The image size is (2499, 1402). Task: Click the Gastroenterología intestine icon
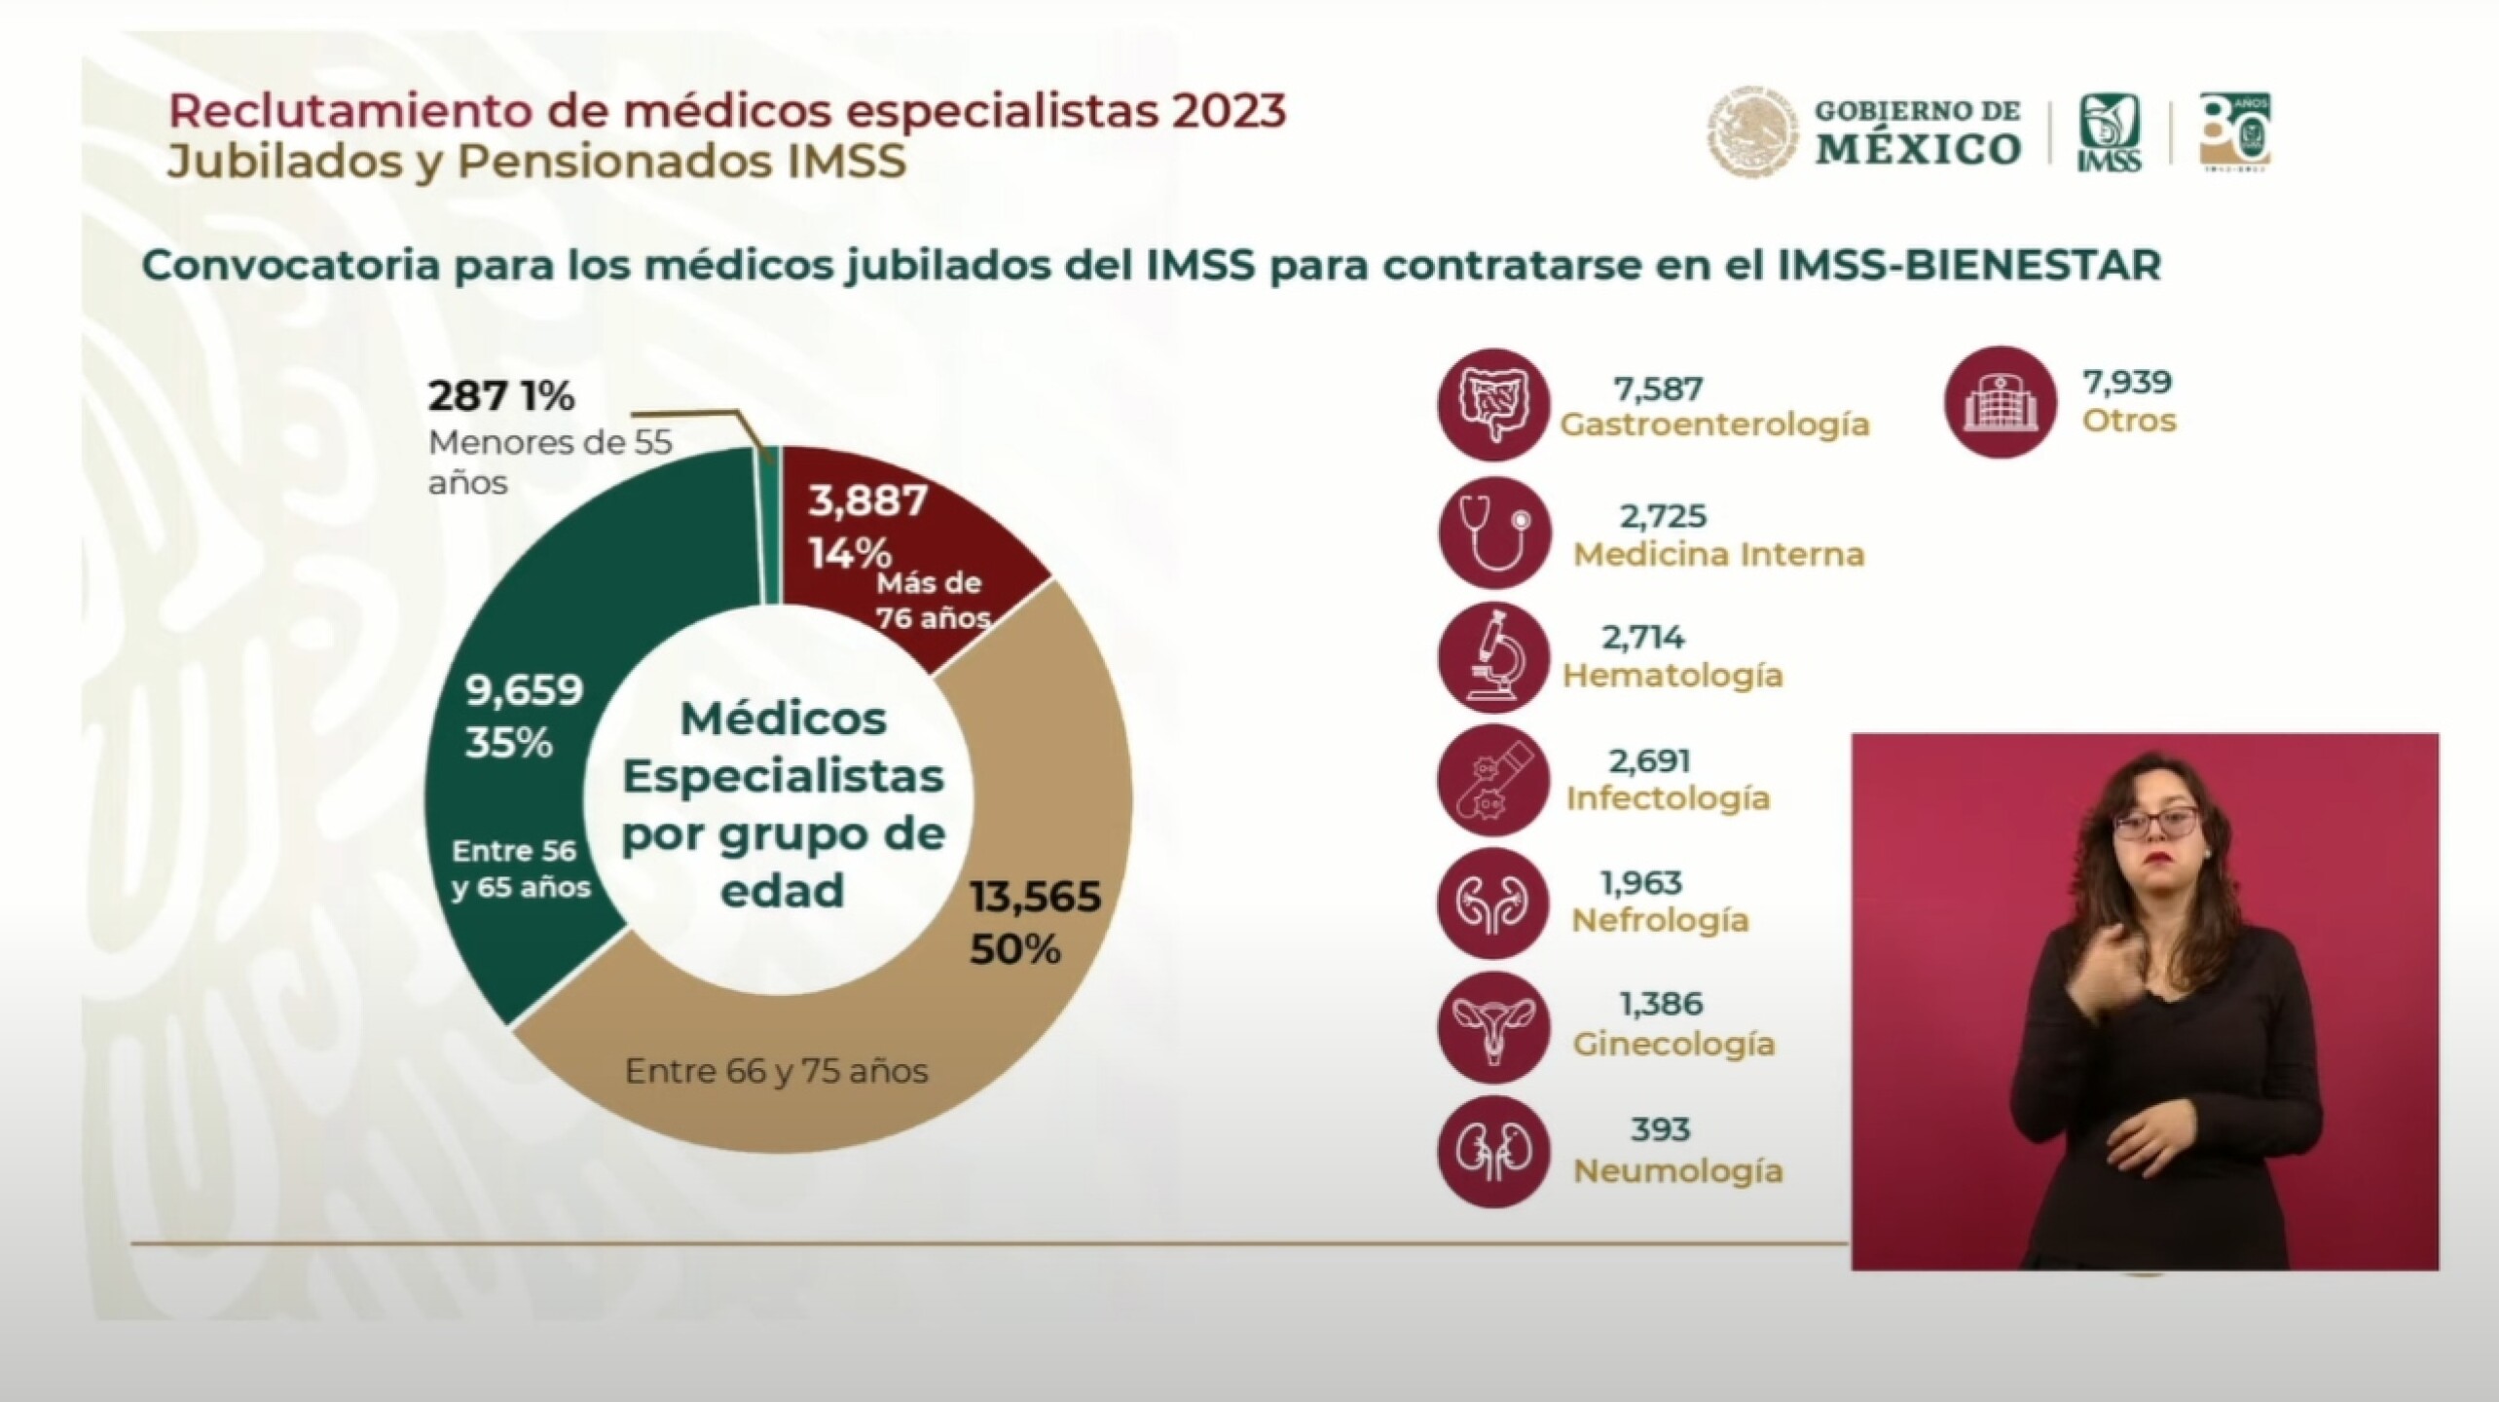(x=1492, y=404)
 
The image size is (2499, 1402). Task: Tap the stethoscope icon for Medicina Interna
(x=1492, y=533)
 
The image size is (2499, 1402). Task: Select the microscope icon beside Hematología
(x=1492, y=657)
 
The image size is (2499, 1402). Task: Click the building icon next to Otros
(x=2000, y=402)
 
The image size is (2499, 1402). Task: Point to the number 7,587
(x=1658, y=389)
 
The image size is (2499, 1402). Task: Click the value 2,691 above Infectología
(x=1649, y=760)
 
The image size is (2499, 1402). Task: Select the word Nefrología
(x=1660, y=920)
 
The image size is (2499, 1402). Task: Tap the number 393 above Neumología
(x=1660, y=1129)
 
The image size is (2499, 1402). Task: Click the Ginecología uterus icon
(x=1492, y=1027)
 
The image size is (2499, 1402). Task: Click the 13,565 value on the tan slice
(x=1035, y=897)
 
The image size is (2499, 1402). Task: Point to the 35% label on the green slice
(x=508, y=743)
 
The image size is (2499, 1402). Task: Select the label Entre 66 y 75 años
(x=776, y=1072)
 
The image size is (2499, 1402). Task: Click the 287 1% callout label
(x=501, y=396)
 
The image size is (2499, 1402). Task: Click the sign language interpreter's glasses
(x=2155, y=823)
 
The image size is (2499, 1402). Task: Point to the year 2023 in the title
(x=1229, y=111)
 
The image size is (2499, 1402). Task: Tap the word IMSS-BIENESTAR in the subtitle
(x=1968, y=266)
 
